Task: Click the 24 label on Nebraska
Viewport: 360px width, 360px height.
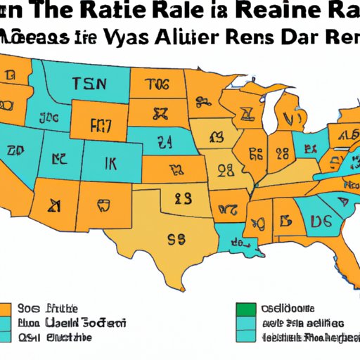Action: pyautogui.click(x=167, y=143)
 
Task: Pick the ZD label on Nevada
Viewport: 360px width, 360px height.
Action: pyautogui.click(x=14, y=150)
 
